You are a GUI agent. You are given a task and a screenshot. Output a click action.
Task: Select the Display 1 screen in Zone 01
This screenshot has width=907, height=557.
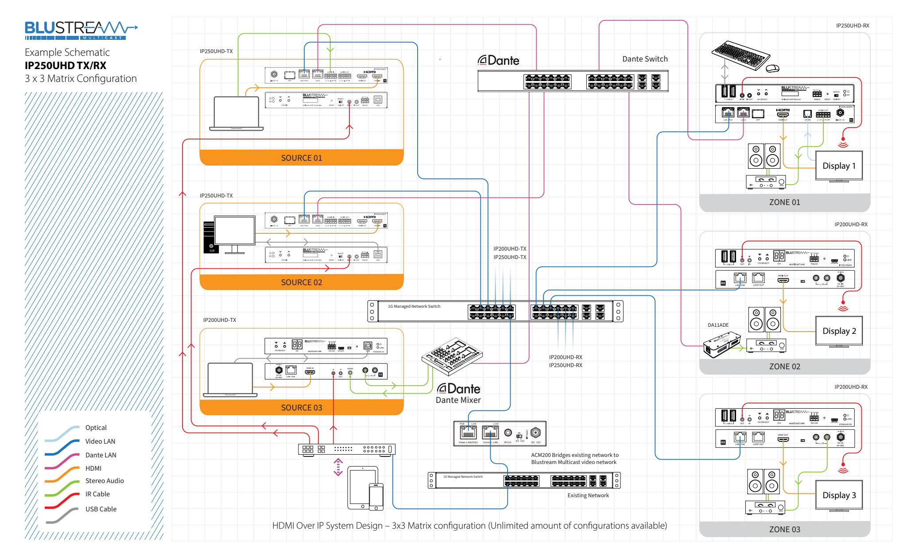[x=839, y=166]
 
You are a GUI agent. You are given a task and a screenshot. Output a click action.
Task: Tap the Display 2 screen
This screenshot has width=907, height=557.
[x=839, y=331]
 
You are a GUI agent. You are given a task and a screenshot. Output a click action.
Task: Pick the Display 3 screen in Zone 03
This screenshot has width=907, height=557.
[x=839, y=495]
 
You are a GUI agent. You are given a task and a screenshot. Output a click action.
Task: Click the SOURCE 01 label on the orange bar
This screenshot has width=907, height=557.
[x=301, y=158]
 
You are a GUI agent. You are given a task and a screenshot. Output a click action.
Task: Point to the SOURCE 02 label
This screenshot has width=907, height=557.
[x=301, y=282]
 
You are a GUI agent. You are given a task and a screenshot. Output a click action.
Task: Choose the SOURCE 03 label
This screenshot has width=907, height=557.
[x=301, y=408]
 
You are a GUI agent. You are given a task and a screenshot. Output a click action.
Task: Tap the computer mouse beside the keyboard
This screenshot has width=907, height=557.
[x=773, y=68]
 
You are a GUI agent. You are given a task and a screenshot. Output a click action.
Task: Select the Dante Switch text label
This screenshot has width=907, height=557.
[x=645, y=59]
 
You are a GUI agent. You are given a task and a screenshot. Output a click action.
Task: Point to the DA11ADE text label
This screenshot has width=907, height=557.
[x=718, y=325]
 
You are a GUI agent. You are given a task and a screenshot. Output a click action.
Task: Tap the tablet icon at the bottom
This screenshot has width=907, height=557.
[x=362, y=487]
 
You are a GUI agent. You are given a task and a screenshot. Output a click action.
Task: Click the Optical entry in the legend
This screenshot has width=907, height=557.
[x=96, y=428]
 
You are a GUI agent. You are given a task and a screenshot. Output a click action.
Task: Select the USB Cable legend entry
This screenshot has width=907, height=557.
[x=101, y=509]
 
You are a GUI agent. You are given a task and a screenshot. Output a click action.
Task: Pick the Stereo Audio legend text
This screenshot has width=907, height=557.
[x=105, y=481]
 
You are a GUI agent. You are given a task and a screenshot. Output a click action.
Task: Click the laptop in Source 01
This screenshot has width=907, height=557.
[x=236, y=113]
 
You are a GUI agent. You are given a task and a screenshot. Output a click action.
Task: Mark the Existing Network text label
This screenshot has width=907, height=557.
[x=588, y=495]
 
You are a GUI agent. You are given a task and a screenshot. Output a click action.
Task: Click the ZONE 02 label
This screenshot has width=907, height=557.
[x=784, y=367]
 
